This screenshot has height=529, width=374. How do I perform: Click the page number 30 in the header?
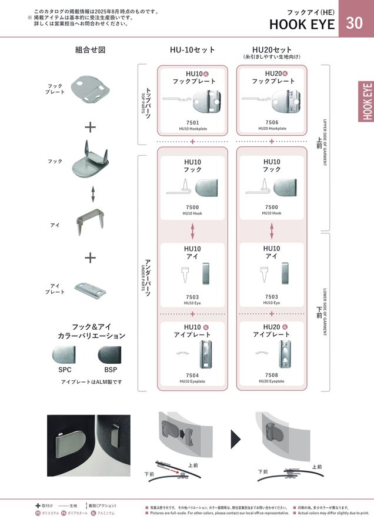[355, 24]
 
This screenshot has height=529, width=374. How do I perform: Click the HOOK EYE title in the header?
[302, 24]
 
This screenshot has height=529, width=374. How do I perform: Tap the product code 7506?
[272, 122]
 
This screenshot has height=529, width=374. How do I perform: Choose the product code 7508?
[272, 374]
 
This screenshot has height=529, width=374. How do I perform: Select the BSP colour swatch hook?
[110, 356]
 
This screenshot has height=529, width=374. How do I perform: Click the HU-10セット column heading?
[193, 50]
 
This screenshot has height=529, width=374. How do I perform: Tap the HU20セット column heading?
[272, 49]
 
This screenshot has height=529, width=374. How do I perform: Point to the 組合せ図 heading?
[90, 50]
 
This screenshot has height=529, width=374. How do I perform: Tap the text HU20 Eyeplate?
[272, 381]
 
